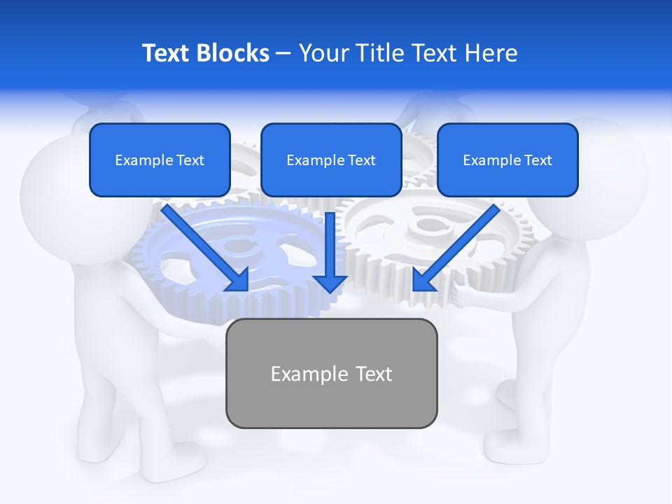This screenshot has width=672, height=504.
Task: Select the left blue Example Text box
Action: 160,160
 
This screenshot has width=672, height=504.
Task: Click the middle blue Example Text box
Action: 331,160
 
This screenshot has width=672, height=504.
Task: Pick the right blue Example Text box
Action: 507,160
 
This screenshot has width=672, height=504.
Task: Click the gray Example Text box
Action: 331,373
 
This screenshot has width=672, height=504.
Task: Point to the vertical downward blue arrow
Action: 330,252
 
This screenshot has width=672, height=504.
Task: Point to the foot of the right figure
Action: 511,441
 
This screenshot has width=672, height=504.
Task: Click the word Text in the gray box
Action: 374,374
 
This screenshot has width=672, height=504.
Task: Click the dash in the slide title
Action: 283,53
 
